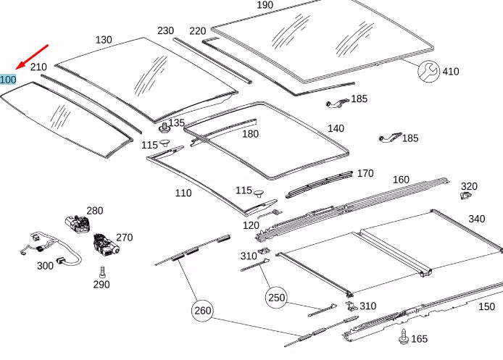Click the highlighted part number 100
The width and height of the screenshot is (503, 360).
[x=9, y=79]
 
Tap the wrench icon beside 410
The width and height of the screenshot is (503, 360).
[x=428, y=70]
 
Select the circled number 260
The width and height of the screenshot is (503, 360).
[x=203, y=311]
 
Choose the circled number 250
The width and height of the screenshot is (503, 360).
[x=277, y=297]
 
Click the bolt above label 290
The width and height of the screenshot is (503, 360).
[x=102, y=272]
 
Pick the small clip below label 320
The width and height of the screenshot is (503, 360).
[x=467, y=196]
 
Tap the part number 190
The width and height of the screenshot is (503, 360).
[x=265, y=6]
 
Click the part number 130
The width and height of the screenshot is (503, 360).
[x=104, y=40]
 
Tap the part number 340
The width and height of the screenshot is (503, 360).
[x=476, y=219]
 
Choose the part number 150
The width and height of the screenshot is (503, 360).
[x=487, y=306]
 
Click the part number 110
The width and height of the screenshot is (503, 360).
[x=183, y=193]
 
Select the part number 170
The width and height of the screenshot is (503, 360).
[x=365, y=173]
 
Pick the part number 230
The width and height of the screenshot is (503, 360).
[x=165, y=30]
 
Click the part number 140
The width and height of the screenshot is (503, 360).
[x=336, y=128]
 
